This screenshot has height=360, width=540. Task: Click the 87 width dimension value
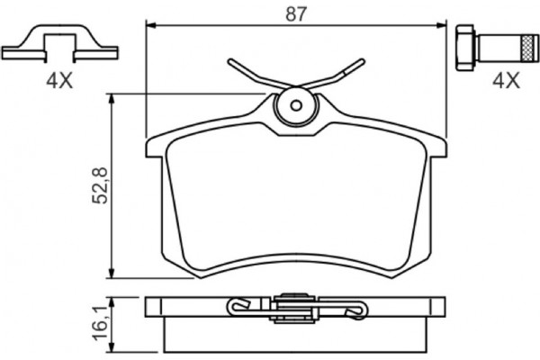tap(296, 14)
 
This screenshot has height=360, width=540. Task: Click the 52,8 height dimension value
tap(100, 186)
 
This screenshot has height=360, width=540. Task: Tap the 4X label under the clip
tap(59, 81)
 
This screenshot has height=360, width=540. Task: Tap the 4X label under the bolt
tap(506, 81)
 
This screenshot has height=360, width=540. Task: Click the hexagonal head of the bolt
tap(465, 48)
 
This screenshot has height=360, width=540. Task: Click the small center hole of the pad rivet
tap(296, 105)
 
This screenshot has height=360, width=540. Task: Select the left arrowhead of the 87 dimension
tap(151, 25)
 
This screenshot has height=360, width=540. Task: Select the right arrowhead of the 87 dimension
tap(441, 25)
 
